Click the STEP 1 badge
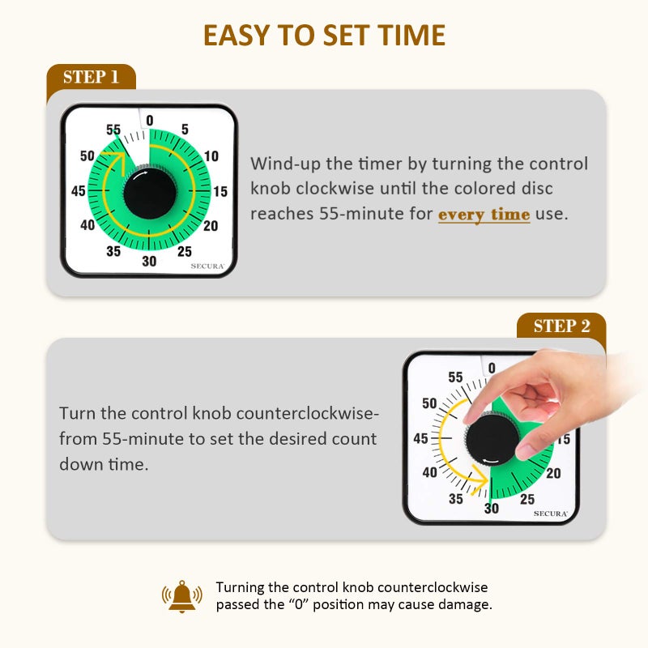click(91, 78)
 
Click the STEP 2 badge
click(561, 326)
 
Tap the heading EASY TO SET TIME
click(324, 36)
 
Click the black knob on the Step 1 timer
click(149, 193)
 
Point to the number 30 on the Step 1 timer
click(149, 261)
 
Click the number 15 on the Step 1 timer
click(220, 192)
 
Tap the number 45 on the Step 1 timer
click(79, 192)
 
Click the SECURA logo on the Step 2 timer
click(550, 514)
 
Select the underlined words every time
click(484, 215)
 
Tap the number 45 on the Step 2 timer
click(421, 438)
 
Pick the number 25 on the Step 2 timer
click(527, 499)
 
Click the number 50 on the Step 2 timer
click(429, 403)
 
